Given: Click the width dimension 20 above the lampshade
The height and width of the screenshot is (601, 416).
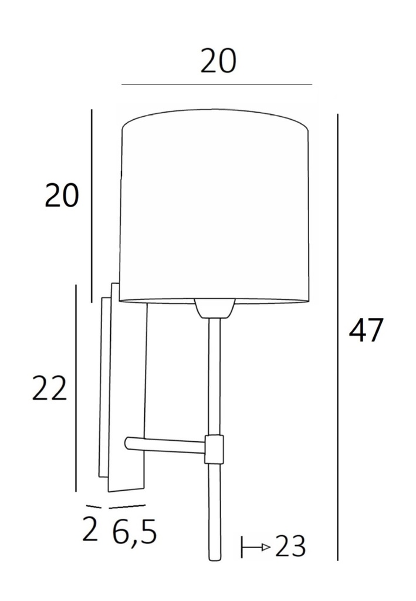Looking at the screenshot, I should coord(218,62).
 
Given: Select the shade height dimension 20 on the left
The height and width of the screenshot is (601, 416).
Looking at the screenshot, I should coord(62,196).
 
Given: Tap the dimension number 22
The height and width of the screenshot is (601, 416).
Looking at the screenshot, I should coord(50,389).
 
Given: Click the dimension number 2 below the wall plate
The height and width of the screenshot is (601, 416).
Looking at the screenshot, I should coord(90,531).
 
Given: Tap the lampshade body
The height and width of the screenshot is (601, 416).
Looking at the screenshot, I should coord(214,205).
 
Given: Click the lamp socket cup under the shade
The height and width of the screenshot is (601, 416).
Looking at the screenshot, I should coord(214,308).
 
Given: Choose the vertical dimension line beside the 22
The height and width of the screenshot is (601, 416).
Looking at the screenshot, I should coord(77,387).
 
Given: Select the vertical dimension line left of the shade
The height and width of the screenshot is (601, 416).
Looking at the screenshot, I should coord(92,205).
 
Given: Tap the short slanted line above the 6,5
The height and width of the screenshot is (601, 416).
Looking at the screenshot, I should coord(127,505).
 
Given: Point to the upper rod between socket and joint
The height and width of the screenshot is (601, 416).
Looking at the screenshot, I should coord(214,376).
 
